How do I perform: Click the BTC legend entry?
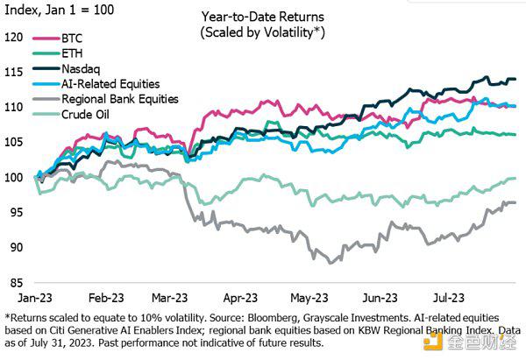74,39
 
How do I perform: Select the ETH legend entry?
74,53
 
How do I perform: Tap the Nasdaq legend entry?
84,68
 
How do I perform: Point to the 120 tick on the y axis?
13,37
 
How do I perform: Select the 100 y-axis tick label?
13,177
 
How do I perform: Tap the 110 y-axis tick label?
13,107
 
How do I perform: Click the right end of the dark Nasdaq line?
515,80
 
